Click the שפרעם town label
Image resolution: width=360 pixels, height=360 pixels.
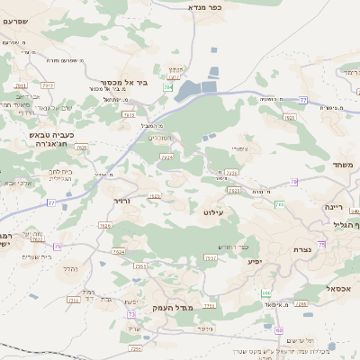14,21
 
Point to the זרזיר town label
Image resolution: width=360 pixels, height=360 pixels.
122,201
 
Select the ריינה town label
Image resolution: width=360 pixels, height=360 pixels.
334,206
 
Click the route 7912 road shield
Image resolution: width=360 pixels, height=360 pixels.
48,86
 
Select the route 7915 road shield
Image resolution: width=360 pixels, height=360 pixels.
128,115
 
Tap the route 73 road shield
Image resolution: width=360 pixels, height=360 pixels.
131,314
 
